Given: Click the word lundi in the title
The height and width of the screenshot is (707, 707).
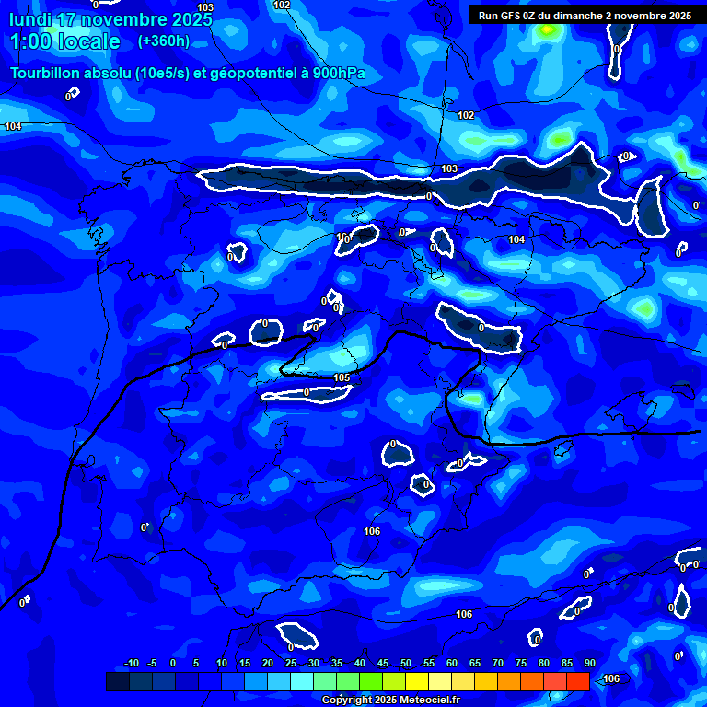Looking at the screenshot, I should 30,19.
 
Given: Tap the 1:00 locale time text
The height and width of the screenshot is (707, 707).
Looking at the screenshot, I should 64,41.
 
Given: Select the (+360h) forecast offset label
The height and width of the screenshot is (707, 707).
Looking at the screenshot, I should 164,41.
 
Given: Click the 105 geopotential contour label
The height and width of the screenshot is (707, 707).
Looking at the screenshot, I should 342,377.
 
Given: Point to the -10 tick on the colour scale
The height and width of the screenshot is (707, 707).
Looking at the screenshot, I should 131,663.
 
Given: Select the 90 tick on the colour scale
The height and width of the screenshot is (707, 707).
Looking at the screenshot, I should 590,663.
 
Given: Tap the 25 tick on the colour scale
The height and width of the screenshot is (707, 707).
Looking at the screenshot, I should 291,663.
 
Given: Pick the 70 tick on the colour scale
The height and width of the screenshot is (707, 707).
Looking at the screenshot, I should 498,663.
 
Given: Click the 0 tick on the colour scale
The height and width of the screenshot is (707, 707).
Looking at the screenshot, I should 173,663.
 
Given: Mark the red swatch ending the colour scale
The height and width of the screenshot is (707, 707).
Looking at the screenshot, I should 578,681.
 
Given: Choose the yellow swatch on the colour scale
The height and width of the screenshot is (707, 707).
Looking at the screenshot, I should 417,681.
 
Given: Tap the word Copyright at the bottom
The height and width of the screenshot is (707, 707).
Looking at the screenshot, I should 348,700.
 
